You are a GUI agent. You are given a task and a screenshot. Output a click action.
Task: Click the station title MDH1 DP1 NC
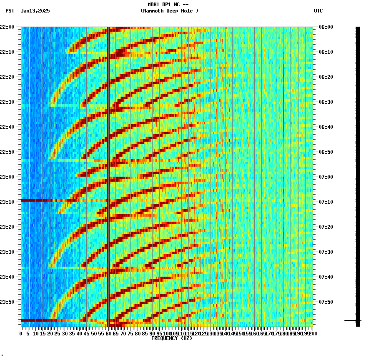click(x=168, y=5)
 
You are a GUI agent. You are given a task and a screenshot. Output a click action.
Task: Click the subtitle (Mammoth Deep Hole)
click(x=169, y=11)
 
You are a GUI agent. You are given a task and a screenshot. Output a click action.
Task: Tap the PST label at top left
click(x=10, y=11)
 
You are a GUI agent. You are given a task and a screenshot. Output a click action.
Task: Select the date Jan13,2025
click(x=35, y=11)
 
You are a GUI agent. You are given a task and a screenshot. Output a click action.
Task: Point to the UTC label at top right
click(x=318, y=11)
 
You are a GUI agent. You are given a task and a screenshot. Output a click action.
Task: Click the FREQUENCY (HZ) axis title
click(x=171, y=338)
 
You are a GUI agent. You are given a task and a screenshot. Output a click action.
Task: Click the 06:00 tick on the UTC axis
click(x=325, y=27)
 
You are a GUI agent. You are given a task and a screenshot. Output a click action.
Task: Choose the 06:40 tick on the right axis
click(x=325, y=127)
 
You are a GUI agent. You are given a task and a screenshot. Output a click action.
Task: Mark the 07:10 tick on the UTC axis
click(x=325, y=202)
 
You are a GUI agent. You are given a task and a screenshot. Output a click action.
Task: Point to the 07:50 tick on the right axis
click(x=325, y=302)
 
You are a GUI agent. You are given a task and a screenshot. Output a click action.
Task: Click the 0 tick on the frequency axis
click(x=21, y=333)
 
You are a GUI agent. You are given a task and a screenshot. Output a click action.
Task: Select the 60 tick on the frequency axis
click(x=108, y=333)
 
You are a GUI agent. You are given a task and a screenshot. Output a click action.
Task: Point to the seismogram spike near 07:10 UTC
click(x=353, y=201)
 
